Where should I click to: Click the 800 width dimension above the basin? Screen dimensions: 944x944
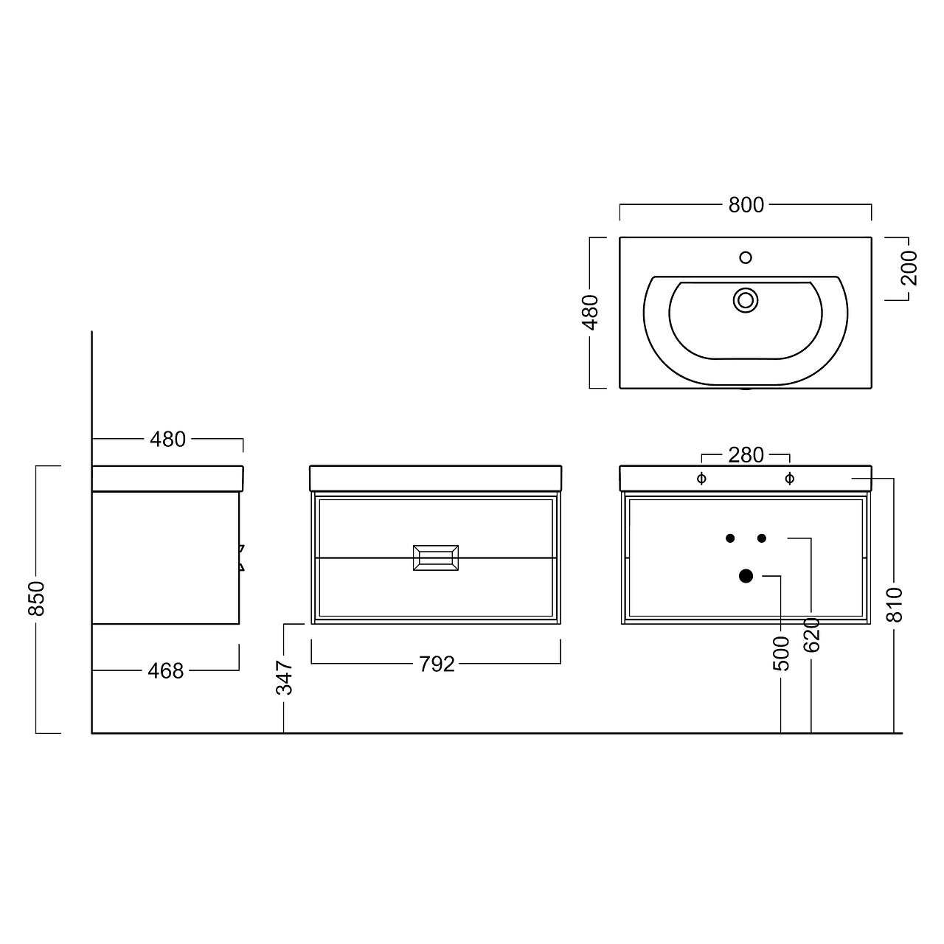(x=746, y=205)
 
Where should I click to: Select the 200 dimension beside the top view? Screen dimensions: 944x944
(x=909, y=268)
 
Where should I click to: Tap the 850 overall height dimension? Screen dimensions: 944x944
(x=37, y=599)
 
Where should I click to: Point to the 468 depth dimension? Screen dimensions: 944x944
(x=166, y=670)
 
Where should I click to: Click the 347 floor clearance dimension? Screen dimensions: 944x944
(x=285, y=678)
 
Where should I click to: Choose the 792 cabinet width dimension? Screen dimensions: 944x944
(x=437, y=664)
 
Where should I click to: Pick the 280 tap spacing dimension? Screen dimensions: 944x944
(x=746, y=455)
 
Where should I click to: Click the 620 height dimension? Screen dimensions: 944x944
(x=812, y=634)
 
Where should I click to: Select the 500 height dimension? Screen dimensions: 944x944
(x=781, y=653)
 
